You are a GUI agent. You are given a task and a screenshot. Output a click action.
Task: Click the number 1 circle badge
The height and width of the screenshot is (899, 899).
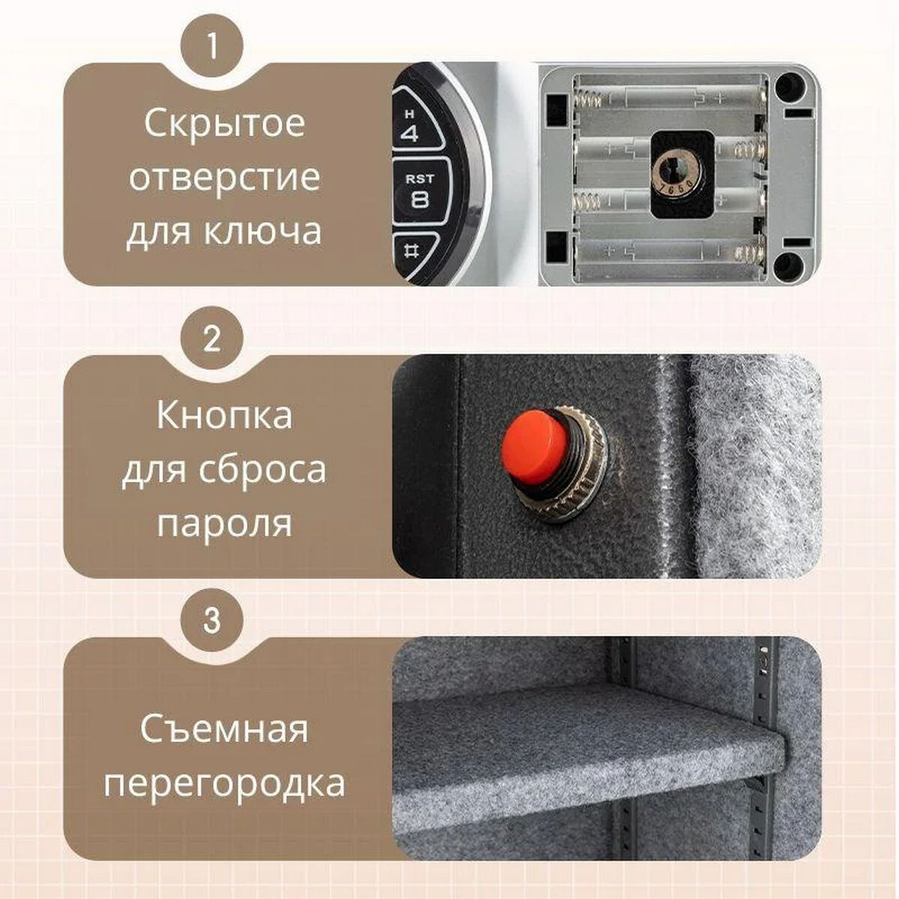212,46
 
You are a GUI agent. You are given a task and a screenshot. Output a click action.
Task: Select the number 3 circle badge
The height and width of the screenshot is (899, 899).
212,621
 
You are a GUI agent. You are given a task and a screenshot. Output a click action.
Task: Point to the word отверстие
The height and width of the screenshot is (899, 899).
224,178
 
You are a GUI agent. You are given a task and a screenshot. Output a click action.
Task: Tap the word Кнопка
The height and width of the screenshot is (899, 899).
224,416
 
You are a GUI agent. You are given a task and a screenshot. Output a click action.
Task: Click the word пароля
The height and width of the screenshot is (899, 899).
224,524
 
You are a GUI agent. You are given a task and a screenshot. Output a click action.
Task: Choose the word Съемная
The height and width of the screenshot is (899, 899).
224,729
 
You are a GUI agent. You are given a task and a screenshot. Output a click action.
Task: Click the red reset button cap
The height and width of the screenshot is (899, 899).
534,445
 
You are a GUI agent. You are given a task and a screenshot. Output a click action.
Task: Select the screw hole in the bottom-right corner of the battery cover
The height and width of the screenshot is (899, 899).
788,264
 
